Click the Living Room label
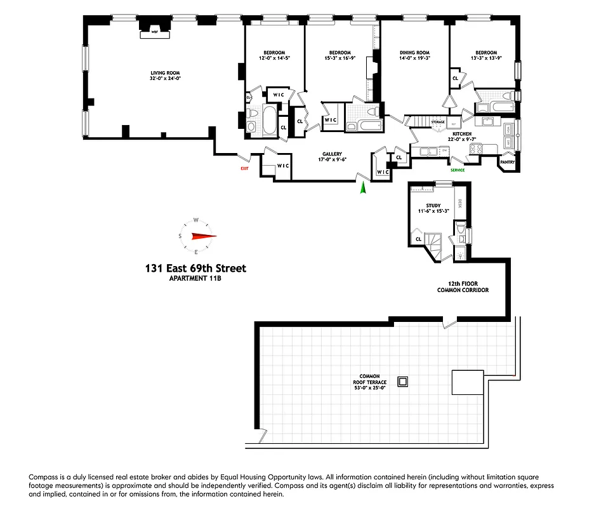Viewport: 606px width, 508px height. point(152,72)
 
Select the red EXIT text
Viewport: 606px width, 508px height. point(244,169)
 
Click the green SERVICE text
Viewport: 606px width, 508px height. point(458,170)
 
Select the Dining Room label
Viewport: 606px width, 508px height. point(414,53)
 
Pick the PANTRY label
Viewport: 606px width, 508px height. point(508,163)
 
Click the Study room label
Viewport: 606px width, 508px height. point(433,206)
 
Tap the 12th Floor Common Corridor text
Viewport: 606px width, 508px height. point(463,287)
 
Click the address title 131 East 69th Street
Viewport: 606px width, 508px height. point(195,269)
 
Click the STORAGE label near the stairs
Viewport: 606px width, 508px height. point(438,121)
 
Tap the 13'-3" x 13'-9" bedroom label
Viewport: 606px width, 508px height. point(486,58)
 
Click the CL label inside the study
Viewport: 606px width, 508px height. point(418,239)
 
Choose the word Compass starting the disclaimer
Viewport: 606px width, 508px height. point(42,476)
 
